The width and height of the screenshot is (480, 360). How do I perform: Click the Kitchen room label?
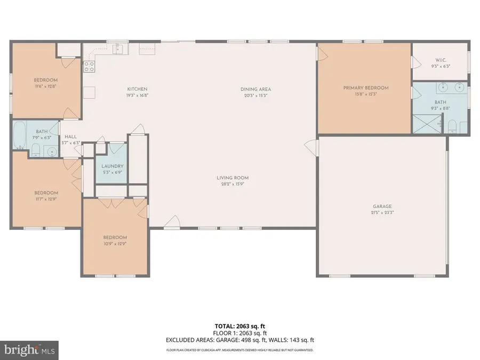tap(137, 89)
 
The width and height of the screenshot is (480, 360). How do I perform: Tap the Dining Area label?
tap(255, 90)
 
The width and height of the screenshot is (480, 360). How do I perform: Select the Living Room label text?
tap(233, 178)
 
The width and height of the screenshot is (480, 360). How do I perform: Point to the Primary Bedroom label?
tap(366, 88)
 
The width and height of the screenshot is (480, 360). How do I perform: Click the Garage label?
tap(382, 206)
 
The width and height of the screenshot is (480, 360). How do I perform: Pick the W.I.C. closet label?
tap(441, 60)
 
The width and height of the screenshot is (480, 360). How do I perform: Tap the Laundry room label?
tap(113, 166)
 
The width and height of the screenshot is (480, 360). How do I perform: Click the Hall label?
tap(71, 137)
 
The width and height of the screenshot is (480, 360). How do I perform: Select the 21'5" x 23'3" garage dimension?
tap(382, 212)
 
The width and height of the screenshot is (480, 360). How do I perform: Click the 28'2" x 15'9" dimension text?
tap(233, 184)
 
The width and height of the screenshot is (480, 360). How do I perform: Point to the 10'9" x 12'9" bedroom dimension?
tap(115, 244)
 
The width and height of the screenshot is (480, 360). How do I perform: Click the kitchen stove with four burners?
tap(90, 67)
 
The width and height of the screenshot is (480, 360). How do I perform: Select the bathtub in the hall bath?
tap(20, 135)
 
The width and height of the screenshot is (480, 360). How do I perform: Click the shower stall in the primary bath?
tap(427, 124)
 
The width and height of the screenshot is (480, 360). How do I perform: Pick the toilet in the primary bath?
tap(452, 126)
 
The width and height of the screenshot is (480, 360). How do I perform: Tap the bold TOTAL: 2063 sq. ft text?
tap(240, 326)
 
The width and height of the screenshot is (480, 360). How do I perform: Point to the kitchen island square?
tap(89, 92)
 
